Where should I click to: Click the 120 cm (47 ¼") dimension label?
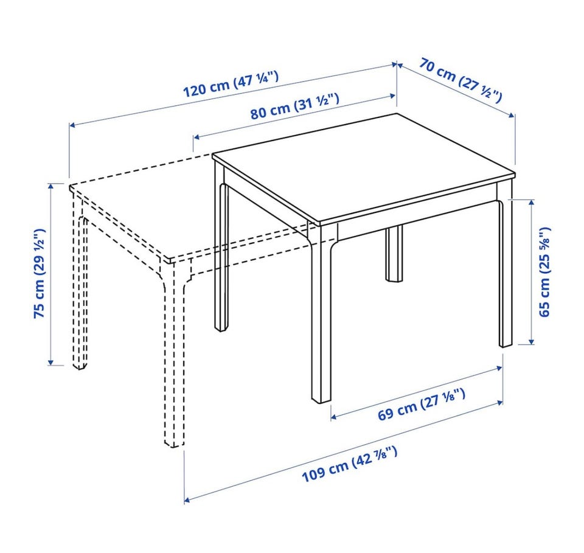[x=231, y=84]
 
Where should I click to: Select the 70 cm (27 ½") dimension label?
[x=461, y=80]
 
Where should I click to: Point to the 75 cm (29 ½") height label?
[x=40, y=273]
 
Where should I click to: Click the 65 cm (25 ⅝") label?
[x=544, y=272]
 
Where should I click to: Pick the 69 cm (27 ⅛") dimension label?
[x=422, y=404]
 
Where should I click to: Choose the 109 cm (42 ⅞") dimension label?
[x=349, y=464]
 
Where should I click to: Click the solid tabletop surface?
[x=363, y=170]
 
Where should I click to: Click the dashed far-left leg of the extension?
[x=80, y=283]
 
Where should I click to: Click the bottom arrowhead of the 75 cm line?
[x=51, y=362]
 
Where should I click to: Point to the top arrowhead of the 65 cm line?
[x=532, y=203]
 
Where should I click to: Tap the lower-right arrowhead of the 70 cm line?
[x=512, y=116]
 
